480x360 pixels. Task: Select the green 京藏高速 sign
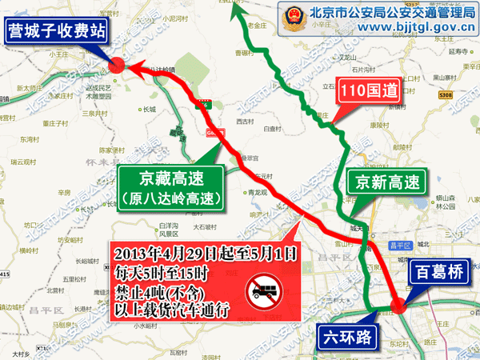tap(168, 186)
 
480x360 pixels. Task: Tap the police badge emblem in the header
tap(291, 18)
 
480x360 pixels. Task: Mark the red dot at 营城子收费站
tap(116, 68)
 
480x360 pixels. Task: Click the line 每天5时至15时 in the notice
tap(165, 274)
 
